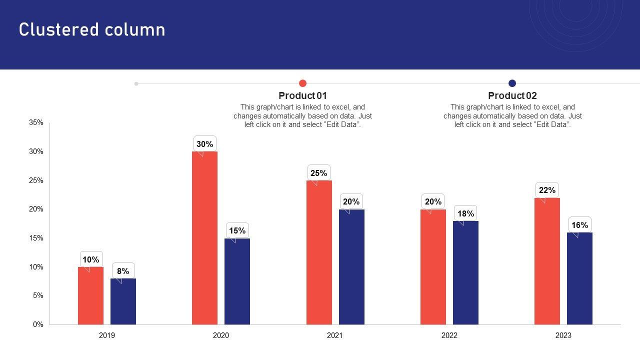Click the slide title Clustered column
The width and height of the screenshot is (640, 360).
92,30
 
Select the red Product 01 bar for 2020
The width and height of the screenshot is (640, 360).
204,238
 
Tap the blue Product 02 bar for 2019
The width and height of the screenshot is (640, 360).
123,301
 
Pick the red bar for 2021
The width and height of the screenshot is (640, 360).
319,252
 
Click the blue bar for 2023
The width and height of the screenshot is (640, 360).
579,278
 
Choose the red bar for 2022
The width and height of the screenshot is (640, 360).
433,267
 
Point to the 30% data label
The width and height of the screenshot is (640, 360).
204,144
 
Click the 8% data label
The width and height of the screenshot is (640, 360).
123,271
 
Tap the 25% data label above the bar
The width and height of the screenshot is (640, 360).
319,173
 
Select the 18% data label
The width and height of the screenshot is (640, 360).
465,213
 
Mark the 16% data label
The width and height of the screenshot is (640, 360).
579,225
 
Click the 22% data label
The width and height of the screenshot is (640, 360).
547,190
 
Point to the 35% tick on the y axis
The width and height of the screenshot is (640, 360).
36,122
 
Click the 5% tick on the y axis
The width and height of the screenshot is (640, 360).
38,295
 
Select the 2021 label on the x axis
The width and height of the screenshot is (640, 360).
335,335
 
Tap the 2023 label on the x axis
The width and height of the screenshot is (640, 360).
563,335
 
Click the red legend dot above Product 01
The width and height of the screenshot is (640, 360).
302,83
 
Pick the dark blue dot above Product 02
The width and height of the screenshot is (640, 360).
512,83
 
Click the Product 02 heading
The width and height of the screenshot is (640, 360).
512,95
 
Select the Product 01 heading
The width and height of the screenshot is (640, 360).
302,95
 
